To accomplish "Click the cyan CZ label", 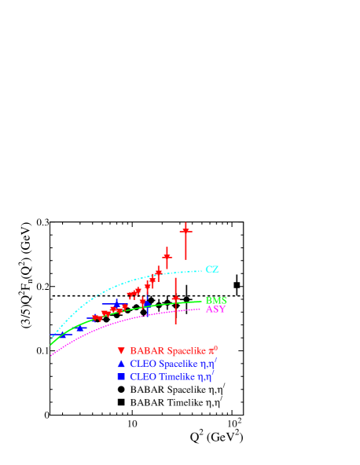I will tap(211, 269).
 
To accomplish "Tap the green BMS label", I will tap(215, 300).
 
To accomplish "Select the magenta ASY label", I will tap(215, 309).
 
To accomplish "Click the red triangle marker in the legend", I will tap(120, 350).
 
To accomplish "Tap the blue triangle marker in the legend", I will tap(120, 364).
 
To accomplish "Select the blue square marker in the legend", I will tap(120, 377).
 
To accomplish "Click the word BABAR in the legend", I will tap(143, 350).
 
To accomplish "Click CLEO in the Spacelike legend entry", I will tap(141, 364).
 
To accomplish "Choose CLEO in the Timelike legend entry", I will tap(141, 377).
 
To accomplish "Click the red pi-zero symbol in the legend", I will tap(213, 350).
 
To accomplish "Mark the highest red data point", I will tap(186, 230).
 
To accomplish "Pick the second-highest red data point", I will tap(167, 256).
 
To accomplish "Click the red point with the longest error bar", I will tap(175, 299).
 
